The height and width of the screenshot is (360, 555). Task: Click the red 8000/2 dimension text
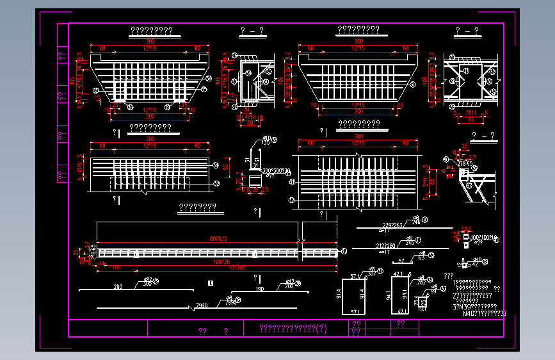tap(219, 239)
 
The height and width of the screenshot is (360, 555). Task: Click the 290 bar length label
tap(118, 288)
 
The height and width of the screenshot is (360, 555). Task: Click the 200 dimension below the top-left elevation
tap(150, 116)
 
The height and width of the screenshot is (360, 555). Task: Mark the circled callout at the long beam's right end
tap(344, 250)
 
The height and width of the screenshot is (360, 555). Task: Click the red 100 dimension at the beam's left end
tap(117, 267)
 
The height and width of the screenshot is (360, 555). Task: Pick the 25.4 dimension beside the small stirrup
tap(416, 301)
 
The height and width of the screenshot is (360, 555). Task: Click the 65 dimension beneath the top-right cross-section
tap(469, 119)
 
